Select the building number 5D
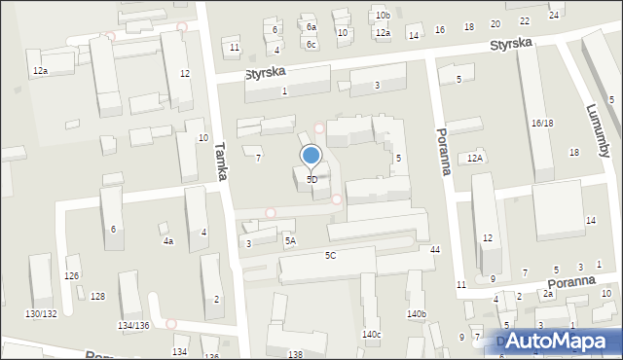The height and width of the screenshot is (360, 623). click(311, 180)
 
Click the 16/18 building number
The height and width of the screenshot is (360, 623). click(542, 124)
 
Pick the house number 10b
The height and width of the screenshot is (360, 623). click(383, 16)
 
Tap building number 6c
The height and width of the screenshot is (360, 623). click(311, 45)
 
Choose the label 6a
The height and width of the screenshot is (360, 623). click(311, 27)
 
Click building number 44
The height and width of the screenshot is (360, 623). click(435, 251)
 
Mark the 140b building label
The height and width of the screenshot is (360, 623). click(417, 314)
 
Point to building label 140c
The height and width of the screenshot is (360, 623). click(372, 335)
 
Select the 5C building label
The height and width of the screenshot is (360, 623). click(331, 255)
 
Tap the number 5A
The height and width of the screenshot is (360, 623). click(290, 239)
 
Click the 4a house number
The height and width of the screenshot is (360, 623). click(167, 240)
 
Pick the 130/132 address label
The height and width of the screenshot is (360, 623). click(41, 313)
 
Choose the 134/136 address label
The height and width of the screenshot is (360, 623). click(133, 325)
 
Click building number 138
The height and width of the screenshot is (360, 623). click(295, 355)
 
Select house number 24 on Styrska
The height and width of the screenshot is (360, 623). click(554, 16)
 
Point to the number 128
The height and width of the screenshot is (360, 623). click(97, 296)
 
